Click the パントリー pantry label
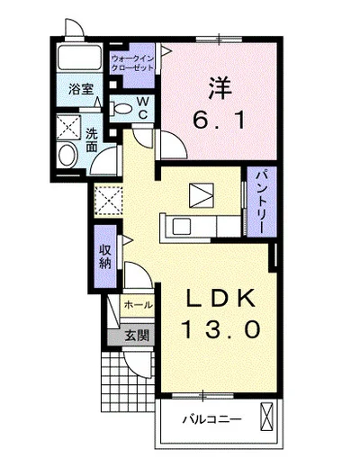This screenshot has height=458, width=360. [259, 199]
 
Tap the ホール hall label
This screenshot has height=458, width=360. [138, 306]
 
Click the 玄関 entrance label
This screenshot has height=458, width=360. [138, 337]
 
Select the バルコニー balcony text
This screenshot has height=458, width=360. [206, 419]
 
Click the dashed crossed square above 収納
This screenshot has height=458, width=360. [109, 198]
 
